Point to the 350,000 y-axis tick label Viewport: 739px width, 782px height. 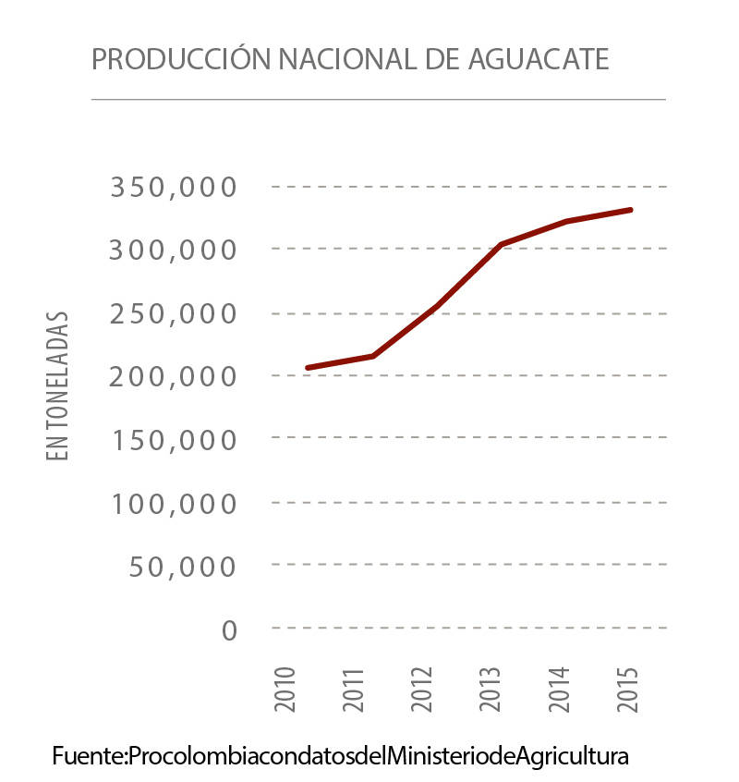(175, 188)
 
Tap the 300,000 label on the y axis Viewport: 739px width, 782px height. (175, 250)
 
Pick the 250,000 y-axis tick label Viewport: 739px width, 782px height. (175, 313)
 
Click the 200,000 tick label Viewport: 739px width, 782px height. (175, 376)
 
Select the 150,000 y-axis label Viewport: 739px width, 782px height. (175, 439)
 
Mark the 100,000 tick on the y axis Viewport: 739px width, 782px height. (175, 503)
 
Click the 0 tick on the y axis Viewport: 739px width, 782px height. (230, 629)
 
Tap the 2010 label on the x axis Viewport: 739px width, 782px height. (285, 689)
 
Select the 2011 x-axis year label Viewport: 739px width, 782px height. (354, 689)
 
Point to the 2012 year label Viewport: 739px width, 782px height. (422, 689)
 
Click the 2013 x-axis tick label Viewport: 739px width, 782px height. (491, 689)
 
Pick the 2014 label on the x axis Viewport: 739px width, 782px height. (560, 689)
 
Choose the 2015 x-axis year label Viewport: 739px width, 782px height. (629, 689)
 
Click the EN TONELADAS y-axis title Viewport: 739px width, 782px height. (59, 385)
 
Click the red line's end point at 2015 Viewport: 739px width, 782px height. (631, 210)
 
